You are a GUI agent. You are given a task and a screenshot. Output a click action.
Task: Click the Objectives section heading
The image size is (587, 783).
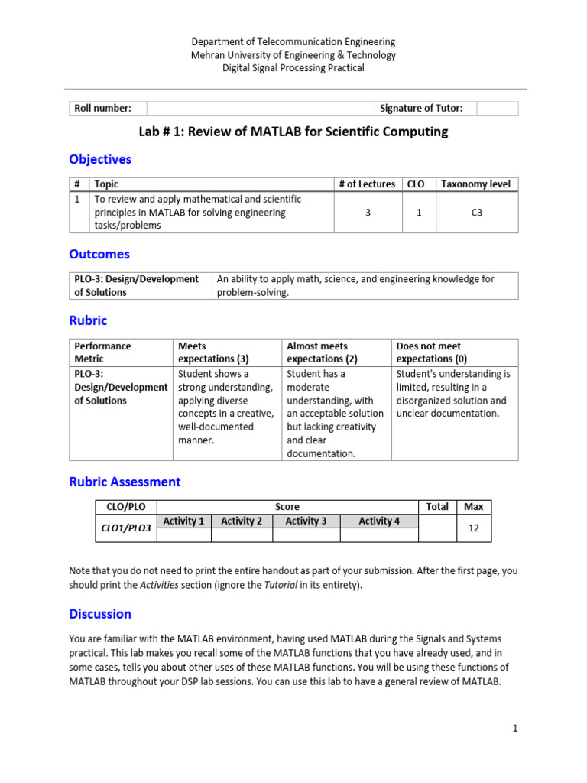[x=100, y=159]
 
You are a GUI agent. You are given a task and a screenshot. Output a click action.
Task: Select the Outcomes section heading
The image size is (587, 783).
[x=99, y=254]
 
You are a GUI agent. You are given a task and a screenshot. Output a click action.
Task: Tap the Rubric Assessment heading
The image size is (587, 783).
[x=125, y=482]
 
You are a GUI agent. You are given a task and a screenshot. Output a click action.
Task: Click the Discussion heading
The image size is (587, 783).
[x=100, y=614]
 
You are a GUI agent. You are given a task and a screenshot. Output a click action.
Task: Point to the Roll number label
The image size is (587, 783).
[x=102, y=109]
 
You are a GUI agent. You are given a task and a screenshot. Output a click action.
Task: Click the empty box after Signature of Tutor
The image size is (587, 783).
[x=497, y=109]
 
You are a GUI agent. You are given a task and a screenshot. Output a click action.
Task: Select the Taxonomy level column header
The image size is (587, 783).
[x=476, y=184]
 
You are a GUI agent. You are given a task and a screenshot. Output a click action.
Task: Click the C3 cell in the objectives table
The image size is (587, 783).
[x=476, y=213]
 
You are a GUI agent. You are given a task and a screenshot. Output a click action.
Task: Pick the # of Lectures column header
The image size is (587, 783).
[x=367, y=184]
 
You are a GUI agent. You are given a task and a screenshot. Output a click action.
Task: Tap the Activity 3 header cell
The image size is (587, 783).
[x=306, y=521]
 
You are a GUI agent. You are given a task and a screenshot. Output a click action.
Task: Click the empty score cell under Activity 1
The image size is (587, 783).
[x=183, y=534]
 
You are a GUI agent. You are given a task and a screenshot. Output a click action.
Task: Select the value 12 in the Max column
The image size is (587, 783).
[x=474, y=528]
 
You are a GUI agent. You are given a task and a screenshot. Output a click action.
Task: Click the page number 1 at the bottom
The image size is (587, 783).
[x=515, y=729]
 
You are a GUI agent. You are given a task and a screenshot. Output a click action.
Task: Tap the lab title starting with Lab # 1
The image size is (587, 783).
[x=293, y=132]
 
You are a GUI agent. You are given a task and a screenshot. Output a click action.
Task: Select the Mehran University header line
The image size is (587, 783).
[x=293, y=55]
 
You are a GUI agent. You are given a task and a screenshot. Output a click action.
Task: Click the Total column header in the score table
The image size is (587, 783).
[x=437, y=507]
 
